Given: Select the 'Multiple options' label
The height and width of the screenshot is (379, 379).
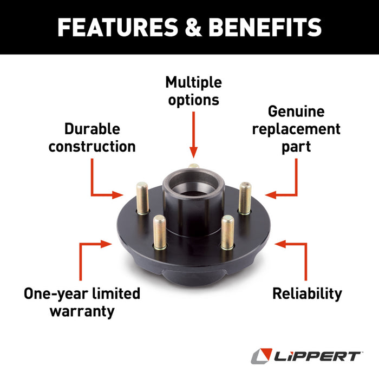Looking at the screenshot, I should click(193, 91).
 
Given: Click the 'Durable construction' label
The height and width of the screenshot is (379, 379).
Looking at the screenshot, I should click(92, 138).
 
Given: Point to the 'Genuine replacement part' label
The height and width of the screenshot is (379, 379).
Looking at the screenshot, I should click(296, 129).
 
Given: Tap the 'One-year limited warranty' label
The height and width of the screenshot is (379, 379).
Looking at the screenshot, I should click(82, 302).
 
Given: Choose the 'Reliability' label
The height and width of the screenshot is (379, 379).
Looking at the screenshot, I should click(307, 294).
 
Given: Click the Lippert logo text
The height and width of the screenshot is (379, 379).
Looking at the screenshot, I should click(317, 356).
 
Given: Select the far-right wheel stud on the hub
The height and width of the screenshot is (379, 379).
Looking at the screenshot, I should click(245, 198).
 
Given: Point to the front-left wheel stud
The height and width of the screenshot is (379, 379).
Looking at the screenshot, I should click(159, 232).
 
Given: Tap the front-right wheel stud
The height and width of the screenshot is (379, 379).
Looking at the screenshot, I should click(227, 232).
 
